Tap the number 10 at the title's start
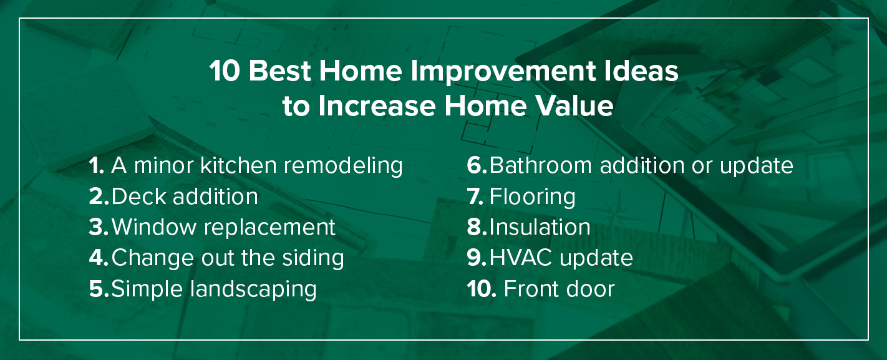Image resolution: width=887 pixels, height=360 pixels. click(x=225, y=71)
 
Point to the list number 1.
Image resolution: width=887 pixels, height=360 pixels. click(x=96, y=165)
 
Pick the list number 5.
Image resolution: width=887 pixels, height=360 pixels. click(x=99, y=289)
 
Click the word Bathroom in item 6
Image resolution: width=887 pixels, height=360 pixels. click(x=541, y=165)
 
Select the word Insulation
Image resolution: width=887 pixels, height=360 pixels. click(x=540, y=227)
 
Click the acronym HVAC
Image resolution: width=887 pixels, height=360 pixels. click(x=521, y=258)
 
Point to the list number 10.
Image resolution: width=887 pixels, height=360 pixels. click(x=482, y=289)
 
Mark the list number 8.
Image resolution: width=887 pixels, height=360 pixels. click(x=477, y=227)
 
